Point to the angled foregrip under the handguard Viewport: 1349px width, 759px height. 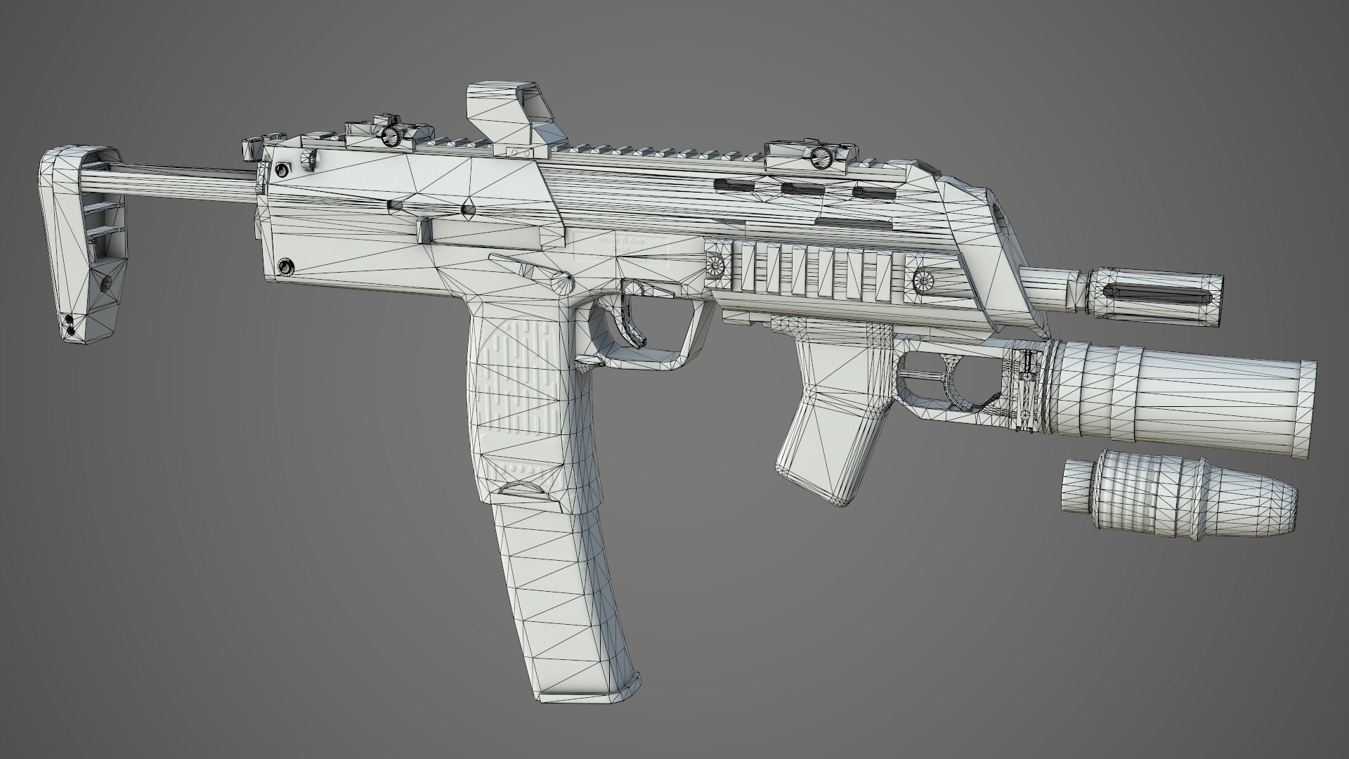click(829, 422)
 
